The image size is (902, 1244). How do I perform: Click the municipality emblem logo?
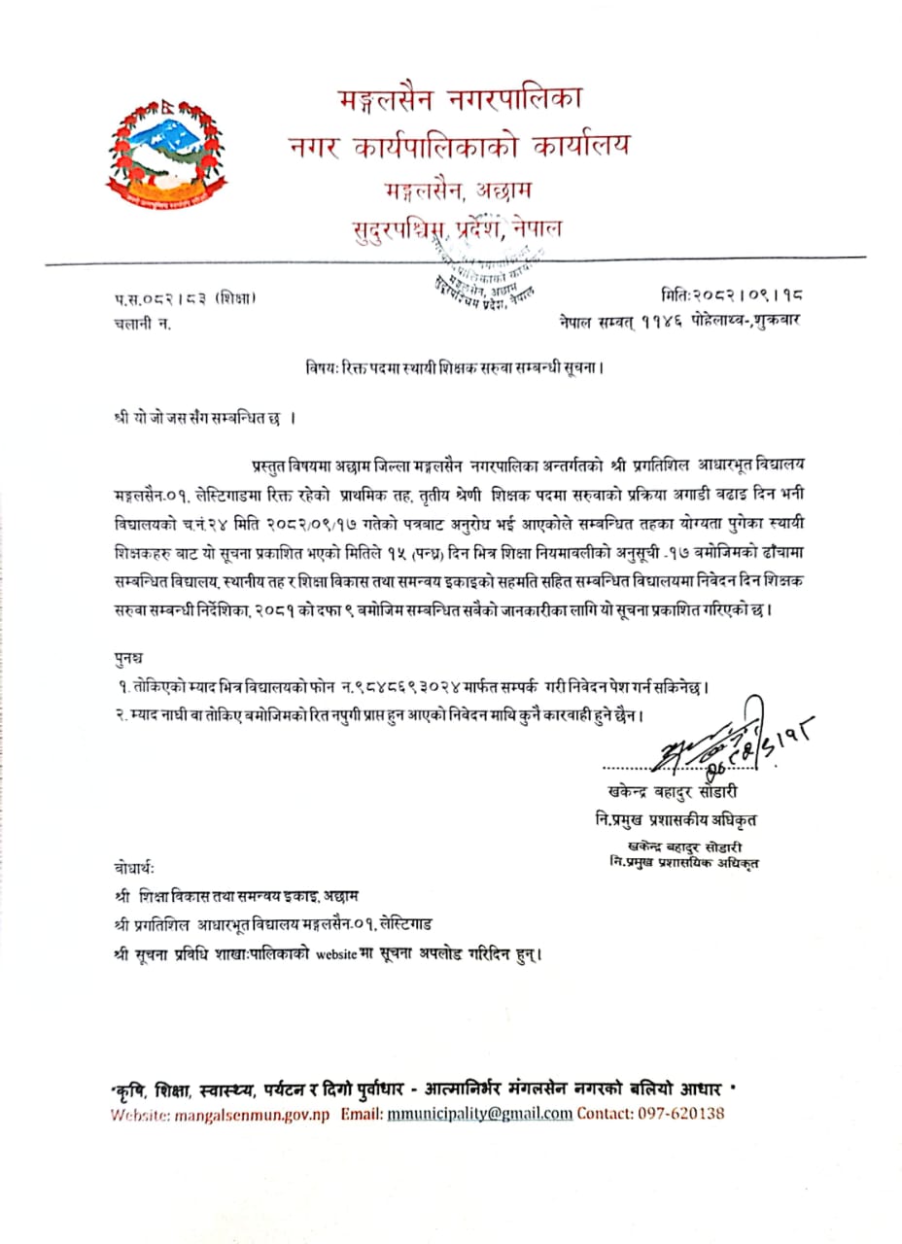(165, 153)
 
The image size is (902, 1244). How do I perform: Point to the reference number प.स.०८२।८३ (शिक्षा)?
(185, 298)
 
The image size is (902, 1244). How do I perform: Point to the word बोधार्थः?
(133, 867)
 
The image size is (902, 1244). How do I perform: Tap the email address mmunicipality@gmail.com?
(478, 1114)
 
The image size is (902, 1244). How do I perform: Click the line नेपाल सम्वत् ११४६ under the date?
(679, 320)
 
